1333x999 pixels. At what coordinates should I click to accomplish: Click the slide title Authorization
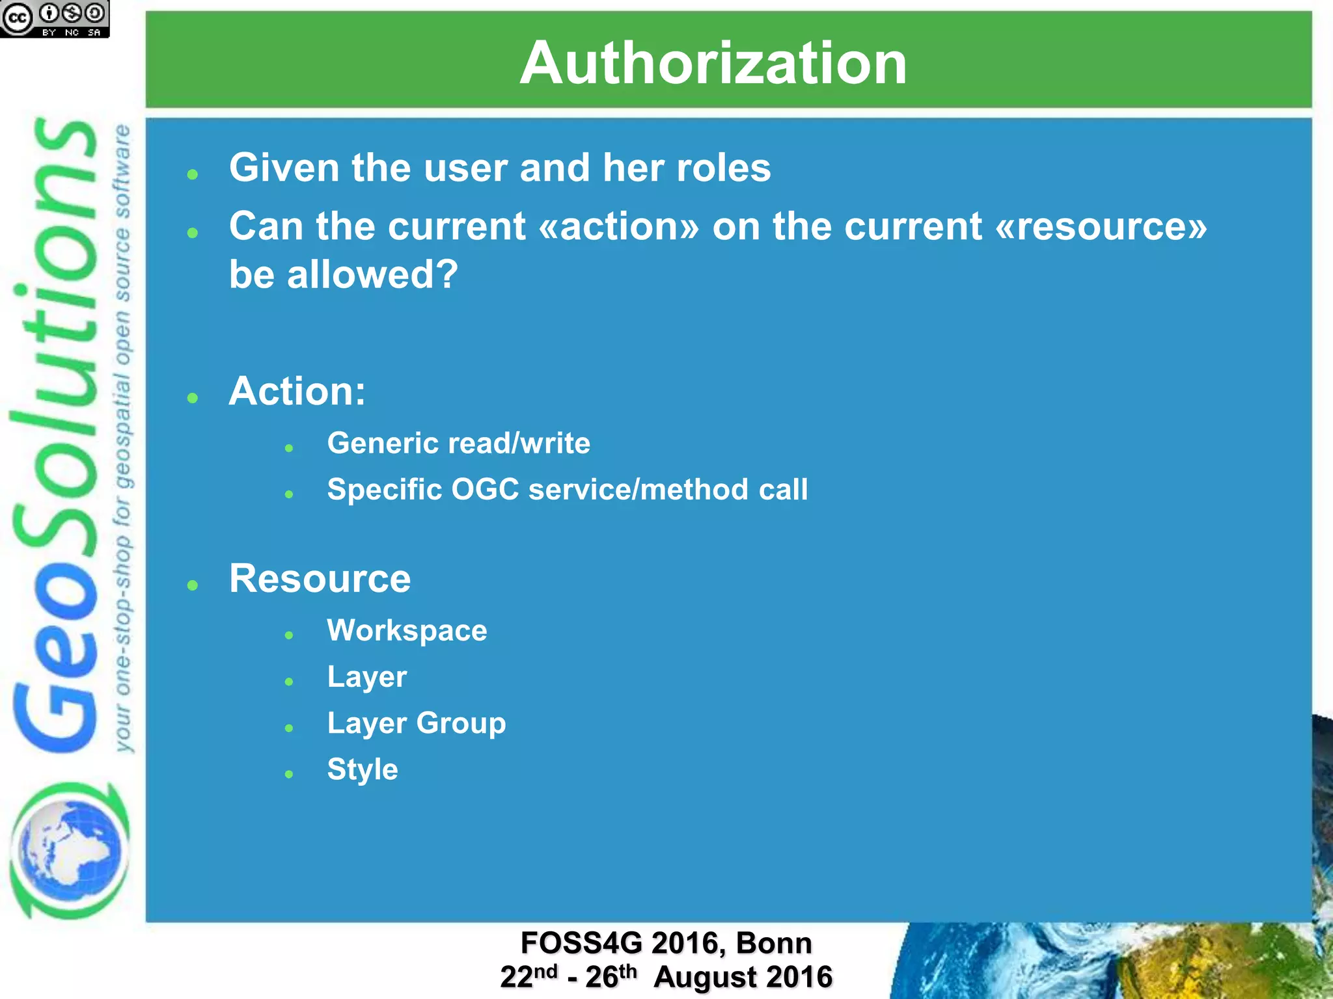[713, 63]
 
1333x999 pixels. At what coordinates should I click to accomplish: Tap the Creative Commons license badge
[55, 19]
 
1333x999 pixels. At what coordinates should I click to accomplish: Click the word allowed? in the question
[372, 274]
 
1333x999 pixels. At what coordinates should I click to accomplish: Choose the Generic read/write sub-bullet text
[458, 443]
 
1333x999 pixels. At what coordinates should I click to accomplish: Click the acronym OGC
[485, 489]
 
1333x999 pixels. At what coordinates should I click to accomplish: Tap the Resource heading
[320, 578]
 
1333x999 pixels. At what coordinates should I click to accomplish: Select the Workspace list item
[407, 630]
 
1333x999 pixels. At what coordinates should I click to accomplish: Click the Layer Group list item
[416, 723]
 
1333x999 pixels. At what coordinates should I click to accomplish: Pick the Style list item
[362, 769]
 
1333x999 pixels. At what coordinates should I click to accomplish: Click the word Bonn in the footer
[774, 943]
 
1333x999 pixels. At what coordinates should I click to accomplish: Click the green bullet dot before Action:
[192, 398]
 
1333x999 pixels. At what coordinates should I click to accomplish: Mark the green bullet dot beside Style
[289, 774]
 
